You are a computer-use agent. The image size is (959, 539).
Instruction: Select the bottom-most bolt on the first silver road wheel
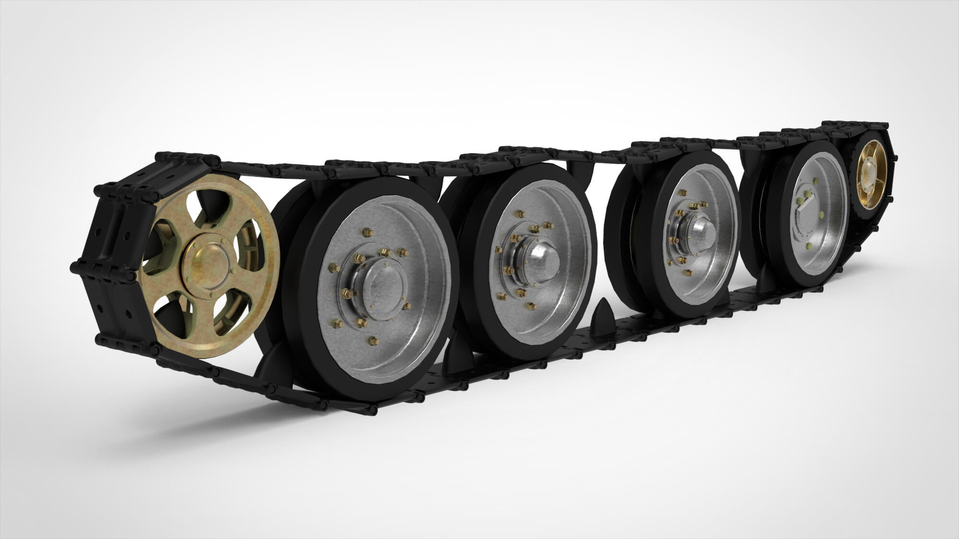click(x=373, y=341)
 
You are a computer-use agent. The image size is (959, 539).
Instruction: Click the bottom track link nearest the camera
click(x=345, y=409)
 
